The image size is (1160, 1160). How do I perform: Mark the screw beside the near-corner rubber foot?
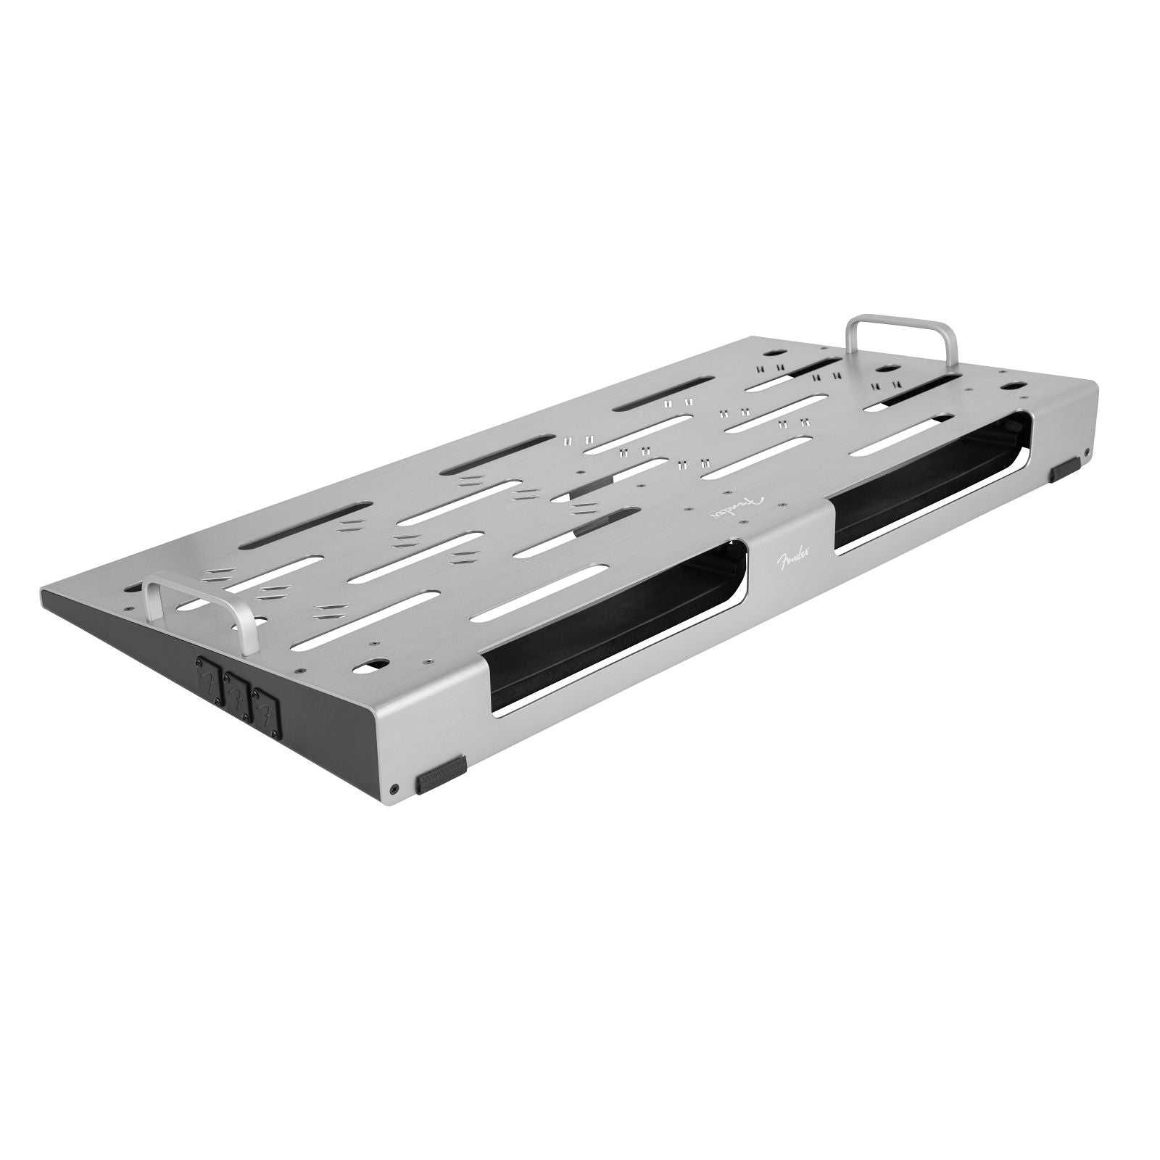point(394,788)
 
